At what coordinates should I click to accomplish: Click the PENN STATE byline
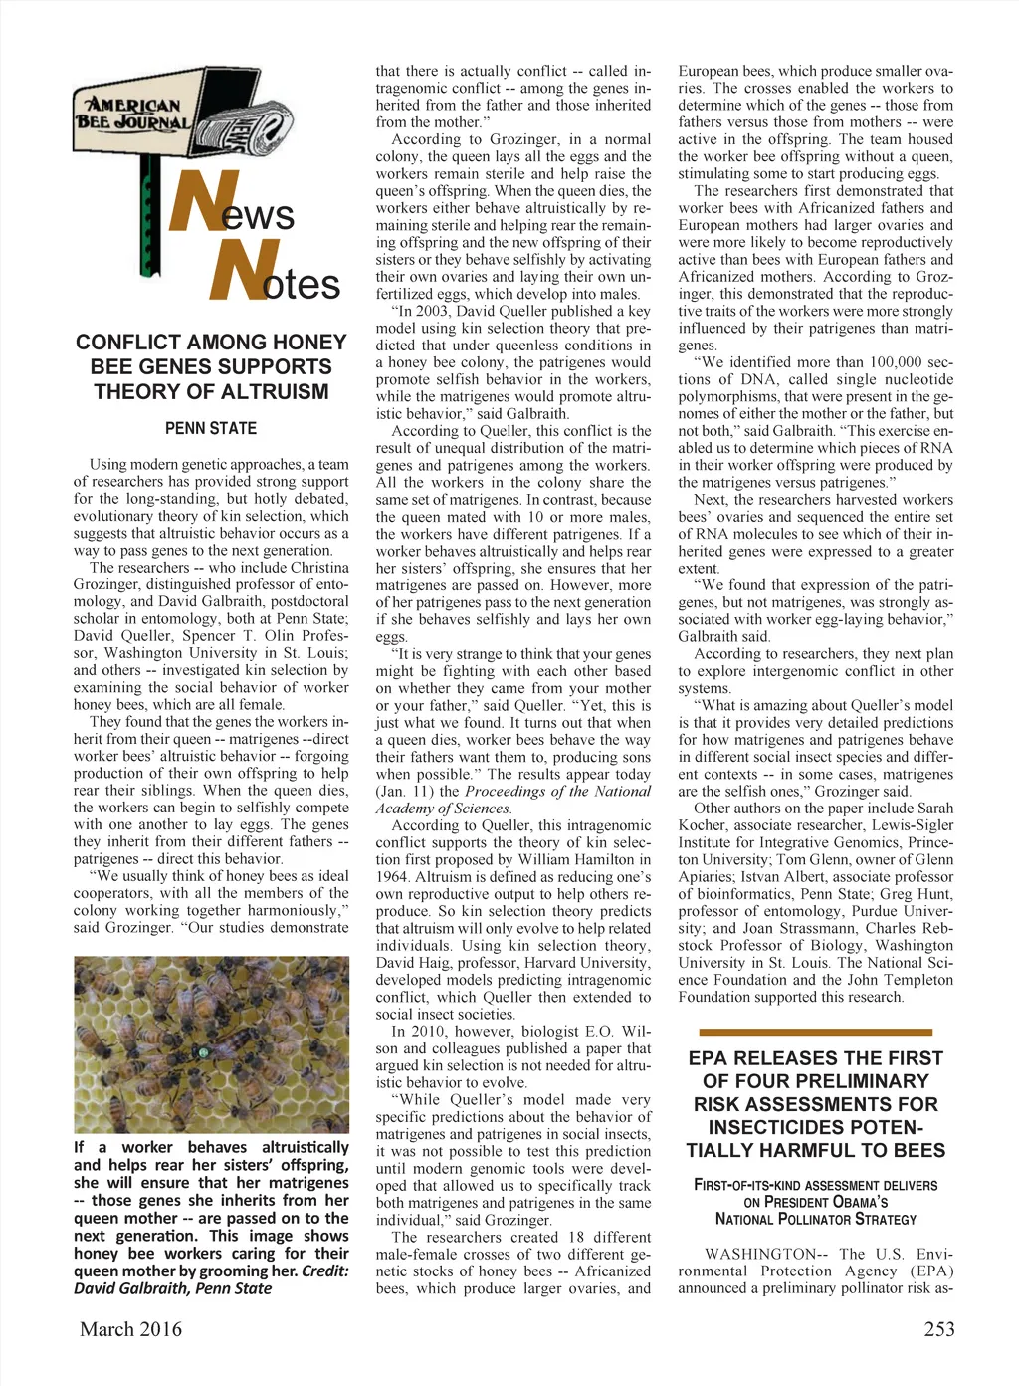click(211, 429)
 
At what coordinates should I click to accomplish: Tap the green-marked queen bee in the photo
click(204, 1051)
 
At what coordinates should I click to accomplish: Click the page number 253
click(938, 1329)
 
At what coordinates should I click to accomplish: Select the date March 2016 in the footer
click(131, 1329)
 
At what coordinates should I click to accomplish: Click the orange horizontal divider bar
click(816, 1033)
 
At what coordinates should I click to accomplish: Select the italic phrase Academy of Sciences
click(443, 808)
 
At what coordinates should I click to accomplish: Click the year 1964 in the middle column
click(392, 877)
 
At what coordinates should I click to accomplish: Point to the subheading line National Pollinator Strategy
click(816, 1219)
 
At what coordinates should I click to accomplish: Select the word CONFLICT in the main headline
click(129, 343)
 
